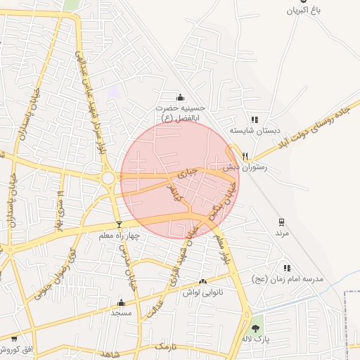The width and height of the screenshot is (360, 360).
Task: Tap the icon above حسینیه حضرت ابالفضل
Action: pyautogui.click(x=181, y=97)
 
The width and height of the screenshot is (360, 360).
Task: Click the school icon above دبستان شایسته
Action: pyautogui.click(x=254, y=120)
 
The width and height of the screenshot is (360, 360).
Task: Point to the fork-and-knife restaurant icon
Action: pyautogui.click(x=245, y=156)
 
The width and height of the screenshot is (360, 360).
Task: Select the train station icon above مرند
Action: pyautogui.click(x=282, y=221)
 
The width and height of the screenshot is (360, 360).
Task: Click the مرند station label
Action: pyautogui.click(x=281, y=232)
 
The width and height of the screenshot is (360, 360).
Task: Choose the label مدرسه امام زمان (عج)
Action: pyautogui.click(x=288, y=279)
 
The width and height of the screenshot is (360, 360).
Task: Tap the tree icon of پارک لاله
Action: pyautogui.click(x=257, y=328)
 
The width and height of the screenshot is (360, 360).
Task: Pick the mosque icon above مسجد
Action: pyautogui.click(x=121, y=303)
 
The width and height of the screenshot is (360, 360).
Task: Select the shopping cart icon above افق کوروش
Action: pyautogui.click(x=14, y=339)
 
